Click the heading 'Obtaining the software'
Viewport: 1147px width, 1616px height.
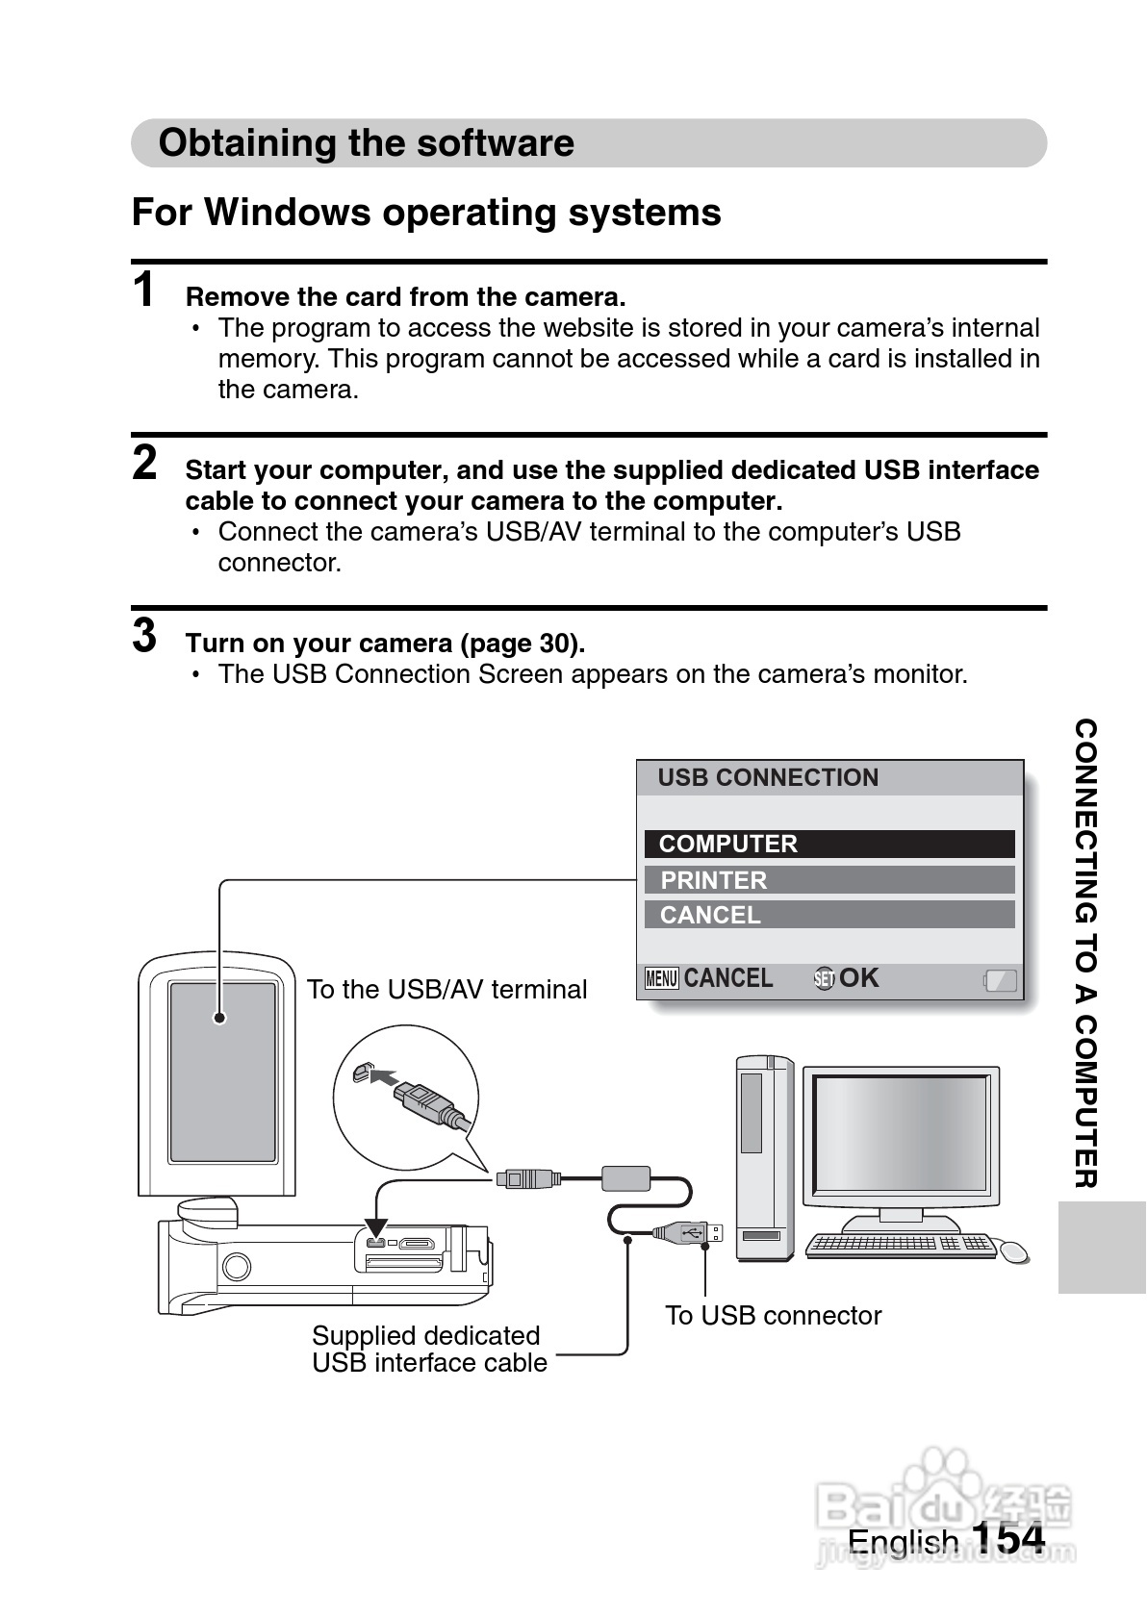(x=366, y=143)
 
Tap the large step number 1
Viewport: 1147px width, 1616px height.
(x=144, y=290)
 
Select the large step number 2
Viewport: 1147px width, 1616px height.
(x=144, y=463)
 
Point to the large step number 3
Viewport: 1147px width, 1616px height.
(x=144, y=636)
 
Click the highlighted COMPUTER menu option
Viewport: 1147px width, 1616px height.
(x=828, y=844)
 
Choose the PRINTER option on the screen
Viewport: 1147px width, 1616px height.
(x=828, y=880)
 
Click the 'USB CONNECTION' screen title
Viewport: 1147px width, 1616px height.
(x=768, y=777)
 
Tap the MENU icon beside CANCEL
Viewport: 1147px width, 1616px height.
(x=662, y=979)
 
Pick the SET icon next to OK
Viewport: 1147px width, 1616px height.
(x=824, y=979)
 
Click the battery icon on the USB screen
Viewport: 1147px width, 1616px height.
(x=1000, y=980)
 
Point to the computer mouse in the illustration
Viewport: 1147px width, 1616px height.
(x=1014, y=1251)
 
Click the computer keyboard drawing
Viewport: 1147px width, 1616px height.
(x=901, y=1245)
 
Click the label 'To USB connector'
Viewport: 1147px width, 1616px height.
(x=773, y=1316)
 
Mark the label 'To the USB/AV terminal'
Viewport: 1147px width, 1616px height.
(x=446, y=990)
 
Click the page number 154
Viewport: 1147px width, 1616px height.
(x=1007, y=1539)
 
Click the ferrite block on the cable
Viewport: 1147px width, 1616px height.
(x=626, y=1177)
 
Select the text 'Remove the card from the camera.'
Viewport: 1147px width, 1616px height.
(x=405, y=296)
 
